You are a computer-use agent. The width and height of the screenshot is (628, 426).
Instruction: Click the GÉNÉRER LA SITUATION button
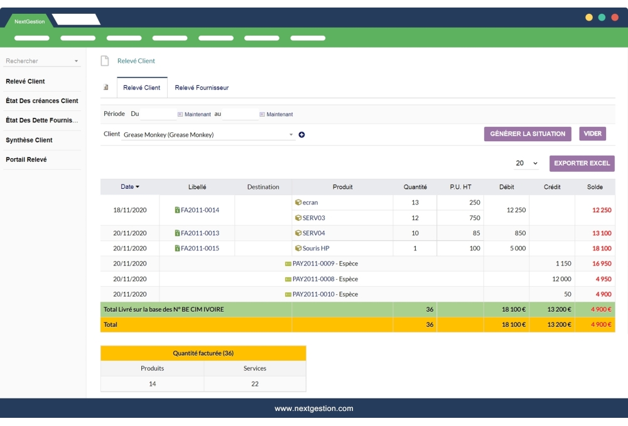(x=528, y=134)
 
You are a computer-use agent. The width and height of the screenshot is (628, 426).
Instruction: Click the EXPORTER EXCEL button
(x=582, y=163)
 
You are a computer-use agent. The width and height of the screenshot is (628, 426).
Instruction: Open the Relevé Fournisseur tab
(x=202, y=88)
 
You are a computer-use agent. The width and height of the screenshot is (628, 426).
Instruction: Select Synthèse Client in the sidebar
(x=29, y=140)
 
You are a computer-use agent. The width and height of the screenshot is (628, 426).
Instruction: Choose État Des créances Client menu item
(x=41, y=100)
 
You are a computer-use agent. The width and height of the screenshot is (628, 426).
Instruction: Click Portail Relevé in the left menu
(x=26, y=159)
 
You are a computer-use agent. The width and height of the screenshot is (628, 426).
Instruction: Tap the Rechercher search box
(x=41, y=61)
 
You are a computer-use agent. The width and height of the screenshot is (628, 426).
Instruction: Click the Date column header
(x=130, y=187)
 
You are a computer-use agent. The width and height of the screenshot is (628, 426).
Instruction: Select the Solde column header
(x=595, y=187)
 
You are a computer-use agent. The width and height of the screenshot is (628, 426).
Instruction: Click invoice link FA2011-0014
(x=200, y=210)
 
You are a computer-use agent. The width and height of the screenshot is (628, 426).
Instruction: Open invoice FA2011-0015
(x=200, y=248)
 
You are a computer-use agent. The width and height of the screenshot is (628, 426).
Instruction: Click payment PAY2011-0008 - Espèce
(x=325, y=279)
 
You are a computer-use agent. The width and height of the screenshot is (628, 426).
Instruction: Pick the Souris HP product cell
(x=316, y=248)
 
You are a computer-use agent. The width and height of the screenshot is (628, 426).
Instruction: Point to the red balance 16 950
(x=601, y=264)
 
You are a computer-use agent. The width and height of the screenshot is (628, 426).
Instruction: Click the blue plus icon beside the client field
(x=301, y=135)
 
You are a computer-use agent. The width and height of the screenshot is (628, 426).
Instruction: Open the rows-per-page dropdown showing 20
(x=526, y=163)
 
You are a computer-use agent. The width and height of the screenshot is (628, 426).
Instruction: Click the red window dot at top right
(x=614, y=18)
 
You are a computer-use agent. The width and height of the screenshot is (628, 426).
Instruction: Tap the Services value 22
(x=254, y=384)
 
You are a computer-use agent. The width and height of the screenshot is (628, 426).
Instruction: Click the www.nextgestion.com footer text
(x=314, y=408)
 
